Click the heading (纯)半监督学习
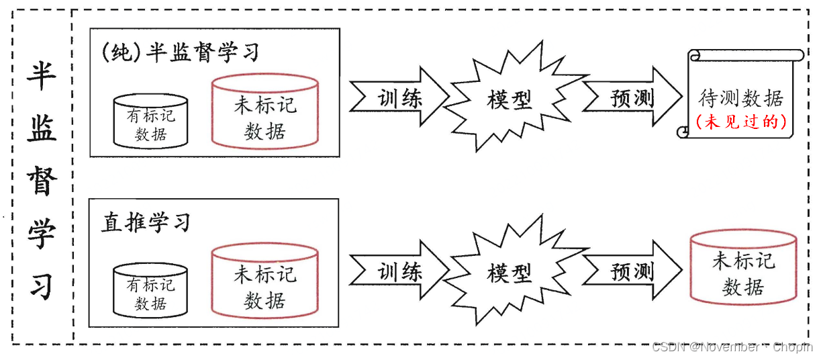(x=179, y=52)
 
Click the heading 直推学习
(x=146, y=222)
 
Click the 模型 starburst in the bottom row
(x=509, y=273)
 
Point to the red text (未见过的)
(x=741, y=122)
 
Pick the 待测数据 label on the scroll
(x=741, y=99)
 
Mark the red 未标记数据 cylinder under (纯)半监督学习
(x=264, y=111)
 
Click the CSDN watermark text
(x=732, y=347)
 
